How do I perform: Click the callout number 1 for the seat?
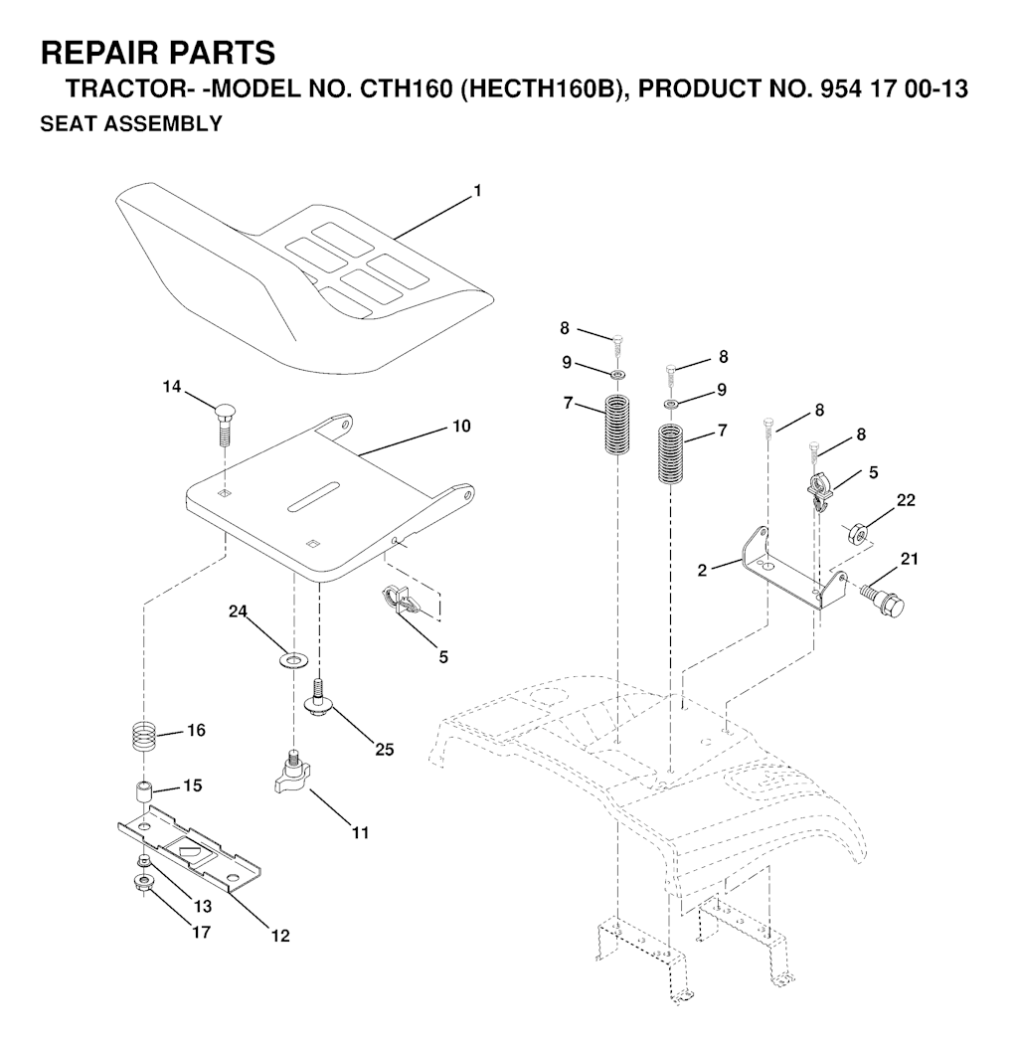[477, 192]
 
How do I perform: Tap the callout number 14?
[172, 386]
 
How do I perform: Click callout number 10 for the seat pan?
[461, 426]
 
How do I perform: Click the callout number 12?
[281, 936]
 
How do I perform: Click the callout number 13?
[203, 906]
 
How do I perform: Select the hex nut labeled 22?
[855, 533]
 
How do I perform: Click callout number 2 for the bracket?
[702, 571]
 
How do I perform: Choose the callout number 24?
[239, 611]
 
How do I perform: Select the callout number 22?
[906, 500]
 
